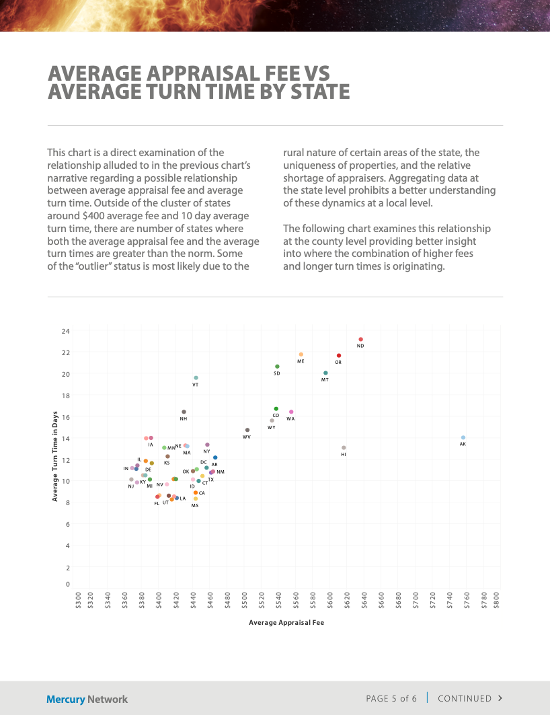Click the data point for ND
click(x=360, y=340)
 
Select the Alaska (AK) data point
click(x=463, y=438)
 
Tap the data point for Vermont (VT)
click(x=196, y=378)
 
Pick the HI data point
click(x=344, y=448)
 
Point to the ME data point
click(x=301, y=354)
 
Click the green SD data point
click(x=277, y=367)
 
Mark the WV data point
click(x=247, y=430)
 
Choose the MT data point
click(x=325, y=373)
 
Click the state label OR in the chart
click(x=338, y=363)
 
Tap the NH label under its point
click(x=184, y=419)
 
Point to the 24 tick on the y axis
click(x=65, y=332)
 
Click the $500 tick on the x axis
click(x=245, y=598)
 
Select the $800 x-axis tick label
click(x=497, y=598)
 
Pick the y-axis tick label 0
click(x=67, y=584)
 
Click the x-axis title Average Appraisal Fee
click(x=286, y=623)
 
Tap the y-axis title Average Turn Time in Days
click(x=54, y=457)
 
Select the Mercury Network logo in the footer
click(x=87, y=699)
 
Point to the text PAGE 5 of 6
click(x=391, y=698)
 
